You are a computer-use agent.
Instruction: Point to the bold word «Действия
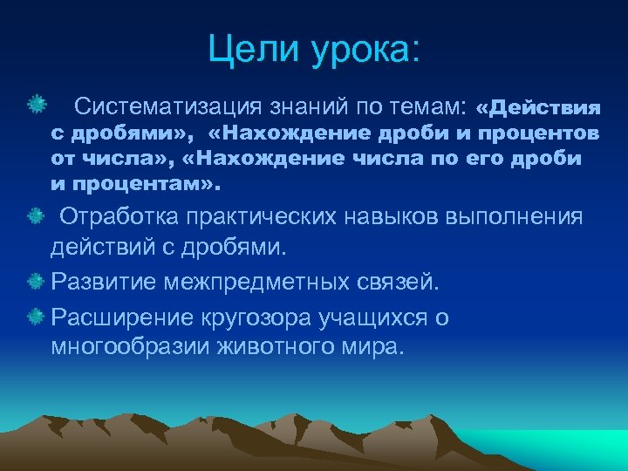(538, 108)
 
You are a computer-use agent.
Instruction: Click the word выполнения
(515, 217)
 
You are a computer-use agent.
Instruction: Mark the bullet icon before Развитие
(36, 283)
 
